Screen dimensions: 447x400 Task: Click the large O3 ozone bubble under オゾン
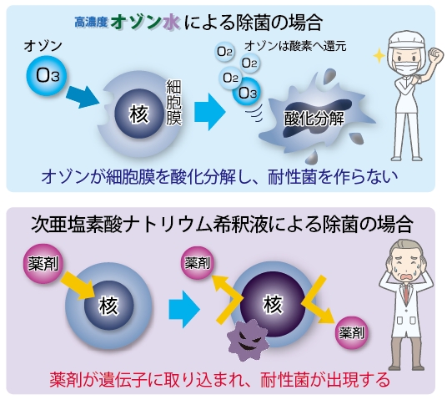coord(47,75)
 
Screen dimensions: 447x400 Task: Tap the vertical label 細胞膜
coord(173,103)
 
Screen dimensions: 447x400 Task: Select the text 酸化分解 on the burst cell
coord(314,119)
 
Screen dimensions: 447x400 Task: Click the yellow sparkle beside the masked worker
coord(379,55)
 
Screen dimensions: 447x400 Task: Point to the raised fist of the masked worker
coord(435,54)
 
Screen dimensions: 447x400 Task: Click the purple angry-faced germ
coord(248,340)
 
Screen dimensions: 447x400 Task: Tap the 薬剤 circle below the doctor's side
coord(351,332)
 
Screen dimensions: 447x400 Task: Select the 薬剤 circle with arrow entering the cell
coord(43,263)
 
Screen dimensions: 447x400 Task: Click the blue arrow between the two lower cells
coord(184,309)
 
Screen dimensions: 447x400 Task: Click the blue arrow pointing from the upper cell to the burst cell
coord(210,112)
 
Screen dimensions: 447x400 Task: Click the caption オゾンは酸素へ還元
coord(295,46)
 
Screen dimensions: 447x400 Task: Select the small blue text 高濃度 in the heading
coord(91,23)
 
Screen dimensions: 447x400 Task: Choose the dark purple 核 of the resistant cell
coord(273,305)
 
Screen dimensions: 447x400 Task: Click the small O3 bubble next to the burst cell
coord(247,93)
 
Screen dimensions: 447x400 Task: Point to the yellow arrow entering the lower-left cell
coord(78,286)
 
